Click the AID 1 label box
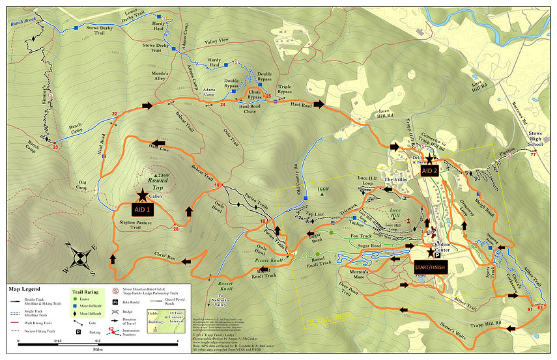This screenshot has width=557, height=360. click(x=141, y=210)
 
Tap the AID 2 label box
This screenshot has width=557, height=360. click(x=429, y=171)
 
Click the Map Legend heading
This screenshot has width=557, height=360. click(x=24, y=288)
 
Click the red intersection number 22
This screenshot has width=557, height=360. click(x=115, y=115)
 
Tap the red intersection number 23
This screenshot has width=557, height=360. click(x=55, y=147)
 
